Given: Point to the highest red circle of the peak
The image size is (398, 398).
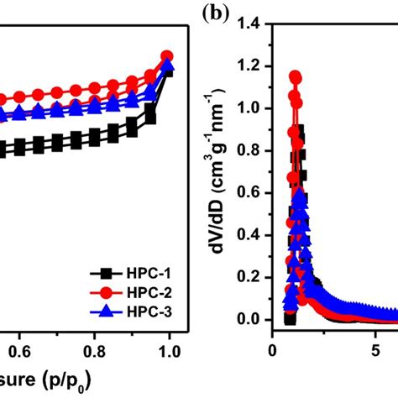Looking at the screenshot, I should click(x=296, y=77).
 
